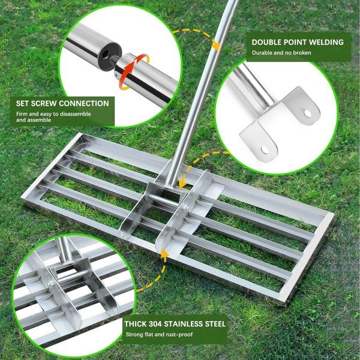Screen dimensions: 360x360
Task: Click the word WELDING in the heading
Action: [x=326, y=42]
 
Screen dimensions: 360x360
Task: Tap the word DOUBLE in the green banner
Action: [x=266, y=42]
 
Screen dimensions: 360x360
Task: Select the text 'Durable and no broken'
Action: [x=281, y=53]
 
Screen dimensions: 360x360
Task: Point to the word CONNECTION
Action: [x=85, y=104]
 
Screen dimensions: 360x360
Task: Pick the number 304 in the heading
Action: [x=155, y=324]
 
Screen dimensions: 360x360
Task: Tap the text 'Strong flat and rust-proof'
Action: [x=159, y=335]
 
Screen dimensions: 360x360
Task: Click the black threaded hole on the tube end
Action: [x=106, y=55]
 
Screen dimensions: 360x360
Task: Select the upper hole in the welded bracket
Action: [x=307, y=113]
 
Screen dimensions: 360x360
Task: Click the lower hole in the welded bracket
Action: [x=265, y=149]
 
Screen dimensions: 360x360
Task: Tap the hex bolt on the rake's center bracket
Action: [x=185, y=208]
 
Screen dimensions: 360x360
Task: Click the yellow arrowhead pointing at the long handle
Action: [x=215, y=46]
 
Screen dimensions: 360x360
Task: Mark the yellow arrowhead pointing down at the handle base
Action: [x=182, y=183]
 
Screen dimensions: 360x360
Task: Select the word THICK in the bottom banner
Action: [x=136, y=324]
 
